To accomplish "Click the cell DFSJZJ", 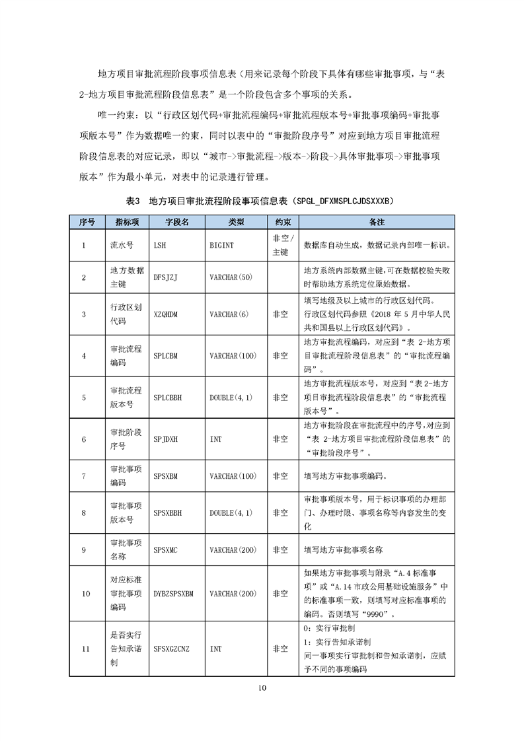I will (x=165, y=278).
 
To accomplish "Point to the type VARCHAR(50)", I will (x=231, y=278).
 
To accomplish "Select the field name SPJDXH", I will (x=166, y=439).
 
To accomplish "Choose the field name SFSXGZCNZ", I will (x=171, y=649).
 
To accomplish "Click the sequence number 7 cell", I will (x=84, y=476).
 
